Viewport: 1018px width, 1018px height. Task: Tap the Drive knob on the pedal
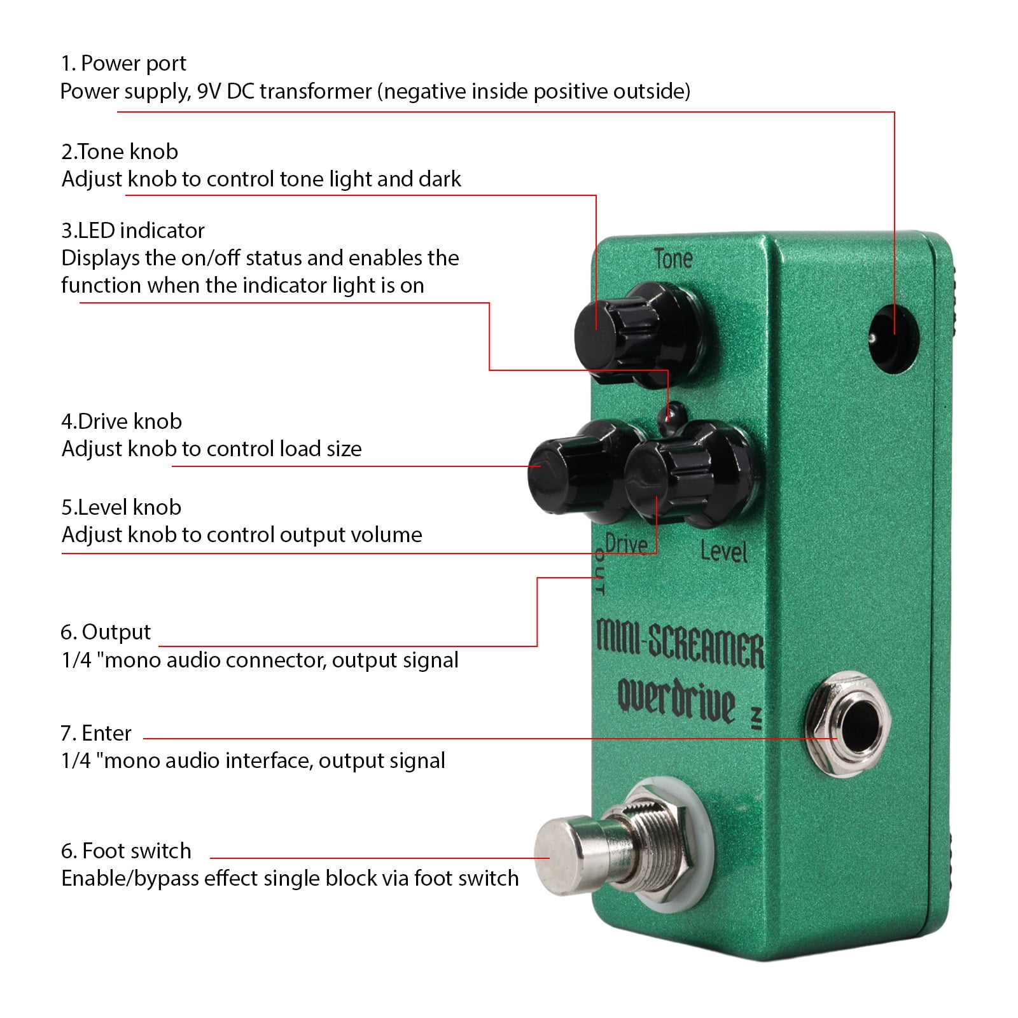click(x=573, y=471)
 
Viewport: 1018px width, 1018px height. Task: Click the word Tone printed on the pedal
click(x=673, y=258)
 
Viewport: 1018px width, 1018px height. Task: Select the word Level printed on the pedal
click(x=723, y=551)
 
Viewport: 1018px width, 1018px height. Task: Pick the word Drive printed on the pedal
click(x=626, y=545)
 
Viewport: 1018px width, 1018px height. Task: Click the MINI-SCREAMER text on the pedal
click(x=680, y=643)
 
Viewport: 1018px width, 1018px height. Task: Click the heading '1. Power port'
click(x=123, y=64)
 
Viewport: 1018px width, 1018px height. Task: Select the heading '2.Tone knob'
click(x=120, y=152)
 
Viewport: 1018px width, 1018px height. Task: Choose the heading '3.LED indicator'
click(x=133, y=230)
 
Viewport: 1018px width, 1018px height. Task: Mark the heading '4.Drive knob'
click(x=122, y=421)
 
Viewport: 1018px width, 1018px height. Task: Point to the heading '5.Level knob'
click(x=121, y=507)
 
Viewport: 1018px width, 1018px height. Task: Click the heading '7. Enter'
click(x=96, y=734)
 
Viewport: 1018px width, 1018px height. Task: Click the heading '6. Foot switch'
click(x=126, y=851)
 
